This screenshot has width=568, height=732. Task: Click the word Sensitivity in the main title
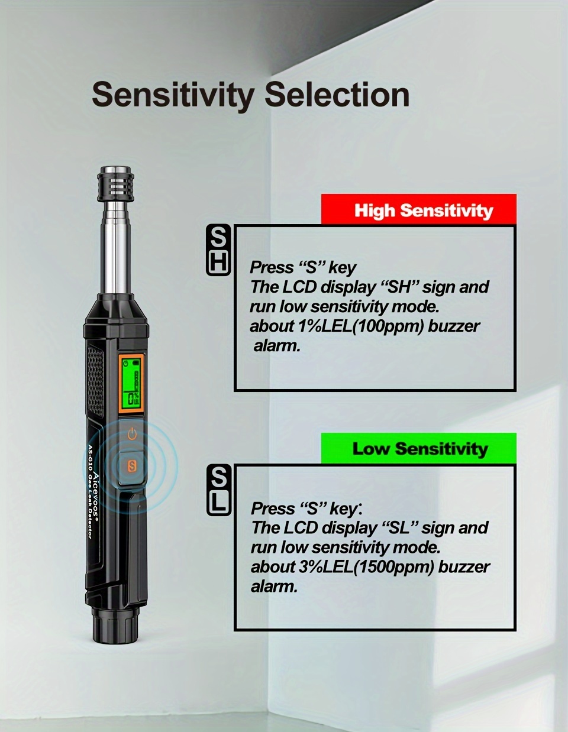pyautogui.click(x=173, y=95)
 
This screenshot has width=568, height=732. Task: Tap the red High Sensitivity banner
pyautogui.click(x=419, y=209)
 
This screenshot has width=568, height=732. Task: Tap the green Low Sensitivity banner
pyautogui.click(x=419, y=448)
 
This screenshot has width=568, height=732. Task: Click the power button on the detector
pyautogui.click(x=132, y=434)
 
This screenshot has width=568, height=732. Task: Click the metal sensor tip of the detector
pyautogui.click(x=115, y=184)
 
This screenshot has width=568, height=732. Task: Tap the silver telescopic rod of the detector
pyautogui.click(x=116, y=248)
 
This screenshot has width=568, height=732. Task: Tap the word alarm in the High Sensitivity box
pyautogui.click(x=276, y=346)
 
